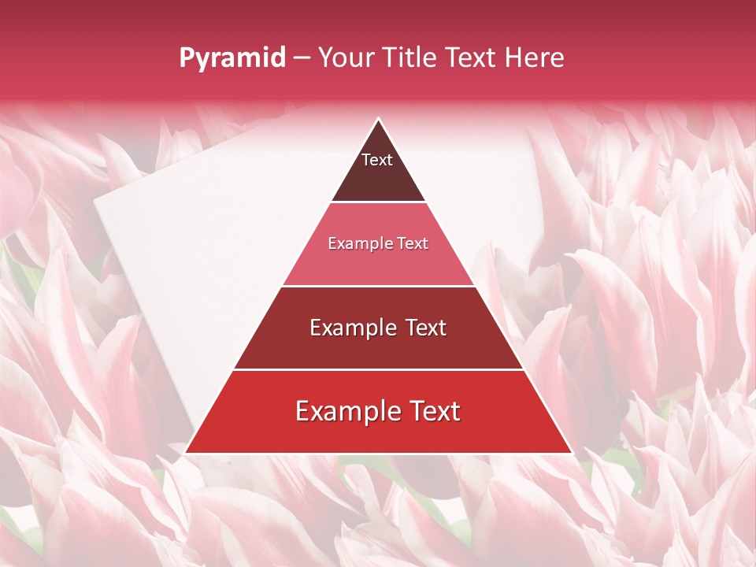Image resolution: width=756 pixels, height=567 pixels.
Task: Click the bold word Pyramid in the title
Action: point(232,58)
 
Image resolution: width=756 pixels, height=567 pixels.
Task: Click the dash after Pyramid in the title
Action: point(302,58)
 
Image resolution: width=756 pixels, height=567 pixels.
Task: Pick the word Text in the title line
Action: point(472,57)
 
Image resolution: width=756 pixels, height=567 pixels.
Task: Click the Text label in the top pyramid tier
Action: point(377,160)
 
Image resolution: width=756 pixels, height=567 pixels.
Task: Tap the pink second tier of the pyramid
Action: point(378,264)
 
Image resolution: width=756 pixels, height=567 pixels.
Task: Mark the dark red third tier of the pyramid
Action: point(378,350)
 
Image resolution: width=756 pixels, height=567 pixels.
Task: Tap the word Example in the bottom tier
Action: point(347,412)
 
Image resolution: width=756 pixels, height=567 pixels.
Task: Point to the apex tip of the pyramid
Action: point(378,120)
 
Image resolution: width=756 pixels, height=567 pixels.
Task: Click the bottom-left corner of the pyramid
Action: point(186,452)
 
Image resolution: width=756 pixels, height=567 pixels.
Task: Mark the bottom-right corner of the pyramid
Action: point(571,452)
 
